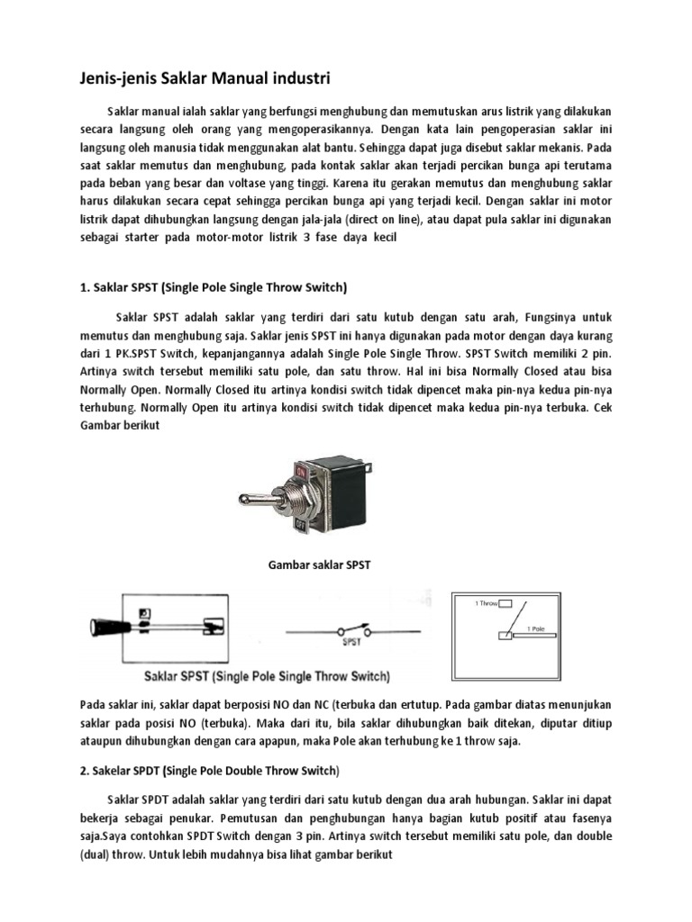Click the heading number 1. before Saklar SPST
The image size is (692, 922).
76,288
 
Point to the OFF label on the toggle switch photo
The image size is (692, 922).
302,521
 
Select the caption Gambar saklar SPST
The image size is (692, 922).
321,565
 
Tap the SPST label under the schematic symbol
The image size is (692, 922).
352,643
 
